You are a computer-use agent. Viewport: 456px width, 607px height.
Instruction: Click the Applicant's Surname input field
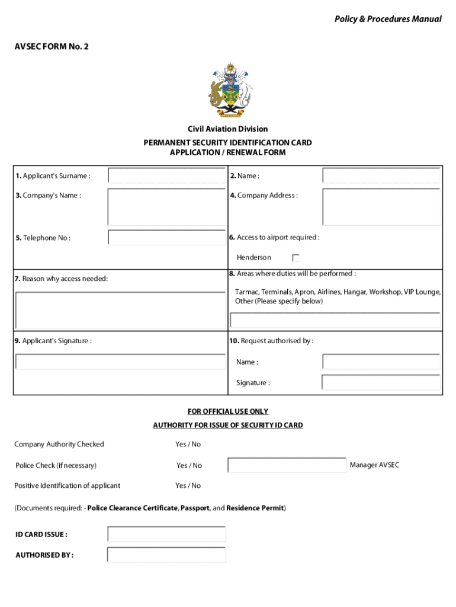pyautogui.click(x=167, y=175)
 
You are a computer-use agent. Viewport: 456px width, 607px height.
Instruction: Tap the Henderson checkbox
pyautogui.click(x=296, y=258)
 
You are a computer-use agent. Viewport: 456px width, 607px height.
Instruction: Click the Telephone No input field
pyautogui.click(x=167, y=238)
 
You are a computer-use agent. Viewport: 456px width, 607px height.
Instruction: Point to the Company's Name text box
pyautogui.click(x=167, y=207)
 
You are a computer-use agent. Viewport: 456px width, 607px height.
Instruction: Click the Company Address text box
pyautogui.click(x=381, y=207)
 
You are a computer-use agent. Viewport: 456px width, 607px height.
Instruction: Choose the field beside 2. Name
pyautogui.click(x=381, y=175)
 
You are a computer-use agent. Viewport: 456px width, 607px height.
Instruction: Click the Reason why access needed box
pyautogui.click(x=121, y=309)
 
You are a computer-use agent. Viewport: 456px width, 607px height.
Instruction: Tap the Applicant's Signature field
pyautogui.click(x=121, y=362)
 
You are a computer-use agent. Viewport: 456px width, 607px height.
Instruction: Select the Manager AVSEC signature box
pyautogui.click(x=287, y=465)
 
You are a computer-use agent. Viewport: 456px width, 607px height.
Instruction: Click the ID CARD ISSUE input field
pyautogui.click(x=167, y=534)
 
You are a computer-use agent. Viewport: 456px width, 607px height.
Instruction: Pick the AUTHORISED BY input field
pyautogui.click(x=167, y=555)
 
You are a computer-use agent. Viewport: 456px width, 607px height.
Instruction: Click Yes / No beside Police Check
pyautogui.click(x=189, y=465)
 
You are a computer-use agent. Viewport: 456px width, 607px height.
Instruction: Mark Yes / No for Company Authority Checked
pyautogui.click(x=188, y=444)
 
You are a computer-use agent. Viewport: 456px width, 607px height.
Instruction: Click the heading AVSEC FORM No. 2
pyautogui.click(x=51, y=46)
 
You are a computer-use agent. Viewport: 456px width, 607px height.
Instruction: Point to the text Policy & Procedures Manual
pyautogui.click(x=388, y=19)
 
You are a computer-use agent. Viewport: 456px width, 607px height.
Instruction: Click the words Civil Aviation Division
pyautogui.click(x=228, y=129)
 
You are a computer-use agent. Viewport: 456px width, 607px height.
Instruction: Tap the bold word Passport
pyautogui.click(x=195, y=508)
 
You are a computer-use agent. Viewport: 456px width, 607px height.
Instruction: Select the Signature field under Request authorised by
pyautogui.click(x=381, y=382)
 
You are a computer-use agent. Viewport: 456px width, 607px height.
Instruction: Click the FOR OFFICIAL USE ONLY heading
pyautogui.click(x=228, y=411)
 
